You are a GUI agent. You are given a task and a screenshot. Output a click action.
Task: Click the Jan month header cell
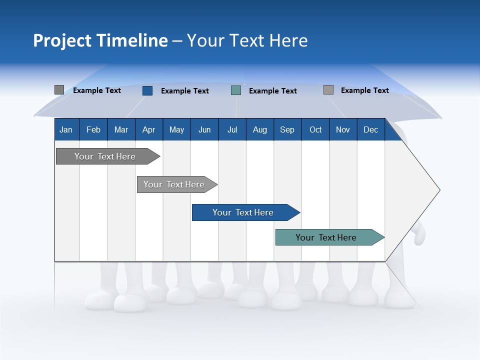coord(66,129)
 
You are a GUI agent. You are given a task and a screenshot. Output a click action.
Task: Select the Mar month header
coord(121,129)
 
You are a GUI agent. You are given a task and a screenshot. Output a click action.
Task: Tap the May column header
coord(176,129)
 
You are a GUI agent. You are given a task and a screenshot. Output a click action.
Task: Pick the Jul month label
coord(232,129)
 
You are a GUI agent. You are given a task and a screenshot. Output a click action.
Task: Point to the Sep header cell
coord(287,129)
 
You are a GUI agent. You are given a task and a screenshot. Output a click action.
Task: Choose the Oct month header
coord(315,129)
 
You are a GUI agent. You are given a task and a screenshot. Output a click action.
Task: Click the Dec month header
coord(370,129)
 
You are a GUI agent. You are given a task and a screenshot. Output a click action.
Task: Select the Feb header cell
coord(93,129)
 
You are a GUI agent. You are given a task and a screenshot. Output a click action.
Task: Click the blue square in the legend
coord(147,90)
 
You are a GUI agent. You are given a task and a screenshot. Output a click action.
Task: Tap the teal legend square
coord(236,90)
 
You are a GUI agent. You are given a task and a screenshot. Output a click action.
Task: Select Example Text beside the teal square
coord(272,91)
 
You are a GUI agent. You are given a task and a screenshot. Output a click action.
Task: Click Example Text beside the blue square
coord(184,91)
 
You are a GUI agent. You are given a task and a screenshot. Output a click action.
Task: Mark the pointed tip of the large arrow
coord(438,190)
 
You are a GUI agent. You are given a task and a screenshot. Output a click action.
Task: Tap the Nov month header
coord(343,129)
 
